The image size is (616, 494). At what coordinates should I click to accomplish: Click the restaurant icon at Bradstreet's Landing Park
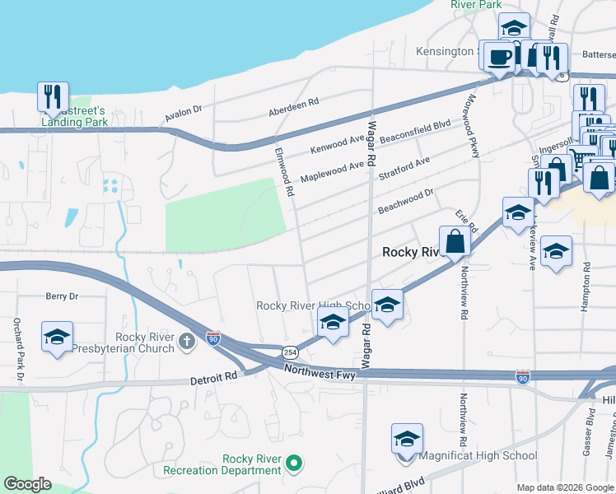pyautogui.click(x=53, y=96)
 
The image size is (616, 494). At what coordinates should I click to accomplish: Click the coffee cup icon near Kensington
pyautogui.click(x=499, y=57)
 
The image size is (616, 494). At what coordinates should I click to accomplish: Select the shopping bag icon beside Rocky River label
pyautogui.click(x=455, y=242)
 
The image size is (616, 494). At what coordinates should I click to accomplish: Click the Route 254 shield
pyautogui.click(x=290, y=352)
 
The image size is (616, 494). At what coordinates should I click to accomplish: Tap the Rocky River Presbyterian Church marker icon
pyautogui.click(x=188, y=340)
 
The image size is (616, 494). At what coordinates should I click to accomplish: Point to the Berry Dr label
pyautogui.click(x=62, y=296)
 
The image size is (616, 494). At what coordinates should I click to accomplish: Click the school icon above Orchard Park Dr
pyautogui.click(x=58, y=337)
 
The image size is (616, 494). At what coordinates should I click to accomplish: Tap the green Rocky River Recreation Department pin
pyautogui.click(x=294, y=464)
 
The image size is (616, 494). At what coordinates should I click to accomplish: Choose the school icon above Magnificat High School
pyautogui.click(x=406, y=439)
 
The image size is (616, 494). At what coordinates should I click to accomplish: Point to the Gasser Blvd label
pyautogui.click(x=590, y=427)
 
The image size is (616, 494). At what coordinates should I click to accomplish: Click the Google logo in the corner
pyautogui.click(x=27, y=484)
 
